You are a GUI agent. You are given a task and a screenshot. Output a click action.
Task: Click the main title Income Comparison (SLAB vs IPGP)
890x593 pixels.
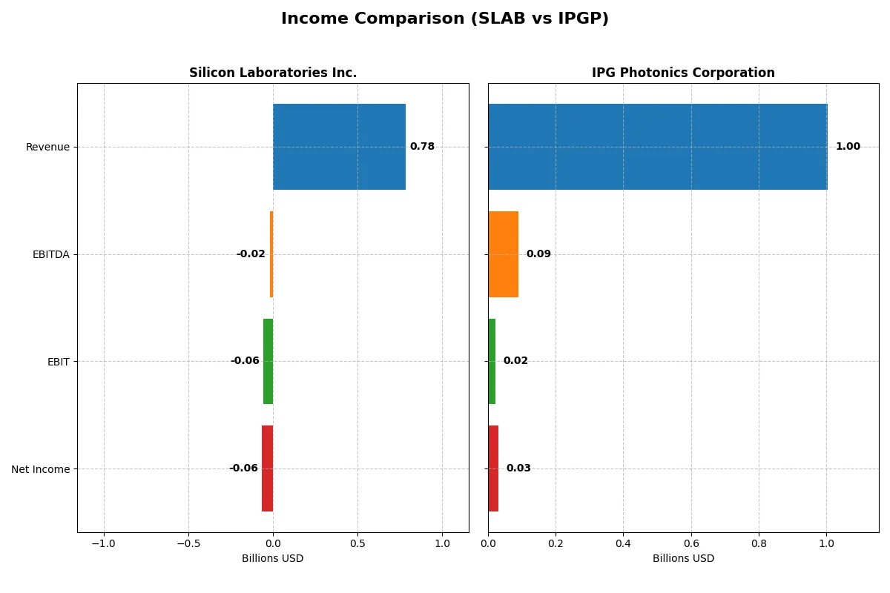(444, 19)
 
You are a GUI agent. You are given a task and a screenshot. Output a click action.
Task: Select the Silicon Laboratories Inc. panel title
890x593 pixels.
(273, 73)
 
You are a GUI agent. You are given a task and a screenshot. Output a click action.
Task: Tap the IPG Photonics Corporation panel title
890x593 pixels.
(683, 73)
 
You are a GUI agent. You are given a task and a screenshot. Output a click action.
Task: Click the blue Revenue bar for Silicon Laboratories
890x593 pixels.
(339, 147)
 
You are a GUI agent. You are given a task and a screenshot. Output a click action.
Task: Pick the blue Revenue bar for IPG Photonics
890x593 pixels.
(657, 147)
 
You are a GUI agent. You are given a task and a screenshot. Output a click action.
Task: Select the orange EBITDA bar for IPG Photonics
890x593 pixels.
(503, 254)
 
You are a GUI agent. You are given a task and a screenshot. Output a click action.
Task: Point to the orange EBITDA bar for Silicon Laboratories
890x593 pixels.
(271, 254)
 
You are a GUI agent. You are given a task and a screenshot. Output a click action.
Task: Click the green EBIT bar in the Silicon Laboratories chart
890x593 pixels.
(268, 361)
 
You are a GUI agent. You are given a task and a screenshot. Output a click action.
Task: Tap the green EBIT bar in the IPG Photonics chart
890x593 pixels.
(492, 361)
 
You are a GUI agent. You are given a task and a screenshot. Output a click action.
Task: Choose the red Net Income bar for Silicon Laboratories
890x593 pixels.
(267, 468)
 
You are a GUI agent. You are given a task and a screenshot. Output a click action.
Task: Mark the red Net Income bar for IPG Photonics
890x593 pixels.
(493, 468)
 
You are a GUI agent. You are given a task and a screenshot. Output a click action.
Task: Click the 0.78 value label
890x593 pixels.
(422, 147)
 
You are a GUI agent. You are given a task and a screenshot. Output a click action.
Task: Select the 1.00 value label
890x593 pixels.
(848, 147)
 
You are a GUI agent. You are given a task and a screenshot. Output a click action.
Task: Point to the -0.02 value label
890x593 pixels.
(251, 254)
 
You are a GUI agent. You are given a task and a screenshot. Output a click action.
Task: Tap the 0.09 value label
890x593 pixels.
(538, 254)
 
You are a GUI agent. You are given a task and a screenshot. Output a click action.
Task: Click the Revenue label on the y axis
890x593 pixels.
(47, 147)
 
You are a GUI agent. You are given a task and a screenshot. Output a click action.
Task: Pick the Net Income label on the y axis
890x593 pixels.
(41, 468)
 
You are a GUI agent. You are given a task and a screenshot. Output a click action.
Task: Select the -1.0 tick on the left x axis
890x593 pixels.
(104, 543)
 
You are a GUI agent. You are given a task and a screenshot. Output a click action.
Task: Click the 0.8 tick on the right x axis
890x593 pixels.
(759, 543)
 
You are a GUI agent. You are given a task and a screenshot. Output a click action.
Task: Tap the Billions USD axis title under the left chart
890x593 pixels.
(273, 559)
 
